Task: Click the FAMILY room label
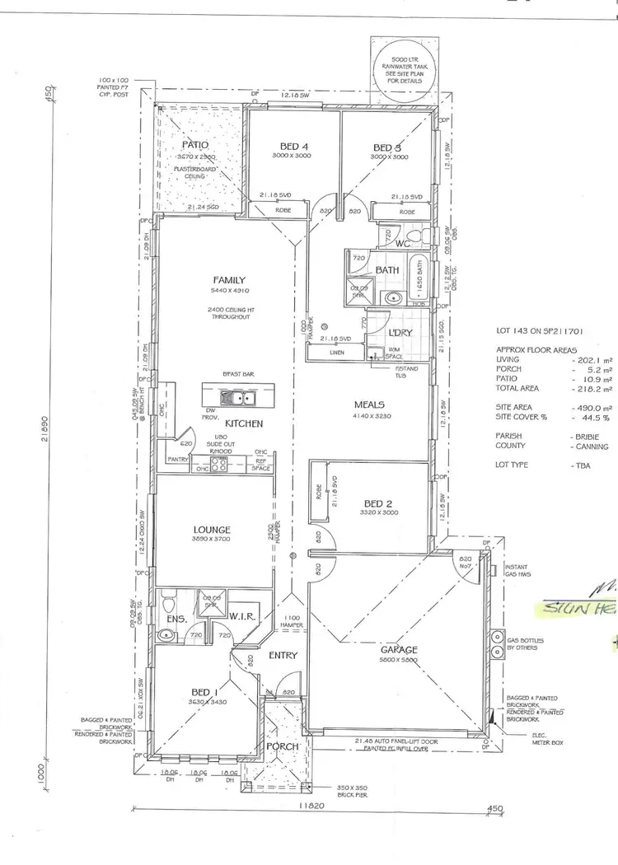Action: pos(229,280)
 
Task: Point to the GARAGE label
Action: pos(398,650)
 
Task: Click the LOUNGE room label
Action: pos(213,530)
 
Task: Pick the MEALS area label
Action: pos(371,404)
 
